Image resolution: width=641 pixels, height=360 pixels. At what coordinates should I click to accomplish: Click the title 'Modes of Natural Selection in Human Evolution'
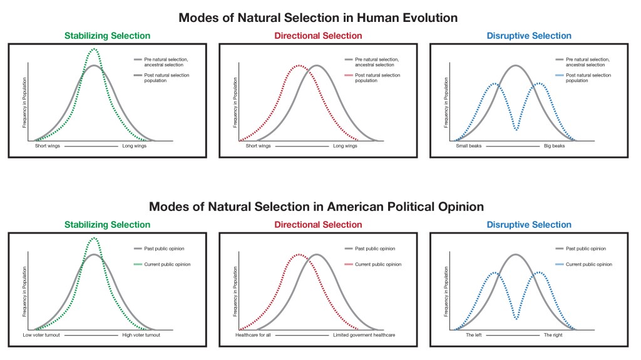[318, 18]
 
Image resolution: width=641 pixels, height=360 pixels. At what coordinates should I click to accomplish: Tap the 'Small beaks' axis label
[469, 146]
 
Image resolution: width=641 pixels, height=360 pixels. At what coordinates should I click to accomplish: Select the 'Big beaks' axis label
[554, 146]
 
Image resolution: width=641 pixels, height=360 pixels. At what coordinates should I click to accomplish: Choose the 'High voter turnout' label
[141, 335]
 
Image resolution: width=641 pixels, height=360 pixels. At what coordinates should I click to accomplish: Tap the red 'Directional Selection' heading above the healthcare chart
[318, 225]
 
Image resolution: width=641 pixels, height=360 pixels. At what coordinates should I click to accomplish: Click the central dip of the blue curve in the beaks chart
[516, 130]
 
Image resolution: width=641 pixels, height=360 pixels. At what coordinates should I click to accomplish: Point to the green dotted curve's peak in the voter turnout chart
[94, 238]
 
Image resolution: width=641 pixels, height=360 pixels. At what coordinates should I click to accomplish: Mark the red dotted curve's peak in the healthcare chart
[299, 254]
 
